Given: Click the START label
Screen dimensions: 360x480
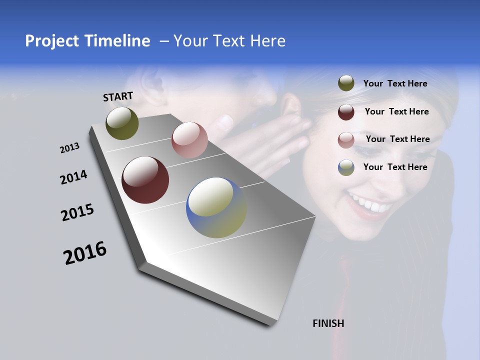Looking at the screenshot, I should (x=118, y=96).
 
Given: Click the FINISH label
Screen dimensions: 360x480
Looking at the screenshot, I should (x=328, y=323).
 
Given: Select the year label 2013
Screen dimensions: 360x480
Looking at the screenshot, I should (x=69, y=148).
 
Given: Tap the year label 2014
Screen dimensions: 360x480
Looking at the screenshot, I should (x=73, y=177).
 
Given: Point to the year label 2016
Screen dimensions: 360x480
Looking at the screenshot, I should (x=85, y=253).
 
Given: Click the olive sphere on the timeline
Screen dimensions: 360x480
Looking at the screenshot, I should (x=122, y=123).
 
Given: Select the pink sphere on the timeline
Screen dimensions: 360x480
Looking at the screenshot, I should (x=189, y=139).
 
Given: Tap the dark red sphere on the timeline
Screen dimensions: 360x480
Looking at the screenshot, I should (x=145, y=180).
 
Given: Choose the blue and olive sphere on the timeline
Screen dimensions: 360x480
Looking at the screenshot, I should (x=216, y=207).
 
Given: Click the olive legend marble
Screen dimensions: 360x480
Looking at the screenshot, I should (x=346, y=83).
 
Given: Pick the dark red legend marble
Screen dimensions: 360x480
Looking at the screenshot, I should (x=346, y=112).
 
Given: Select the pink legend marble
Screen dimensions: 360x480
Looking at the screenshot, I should (x=346, y=140).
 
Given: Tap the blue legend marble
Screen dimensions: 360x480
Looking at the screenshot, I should (x=346, y=167).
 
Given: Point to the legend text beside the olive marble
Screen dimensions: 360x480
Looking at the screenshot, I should (x=395, y=83).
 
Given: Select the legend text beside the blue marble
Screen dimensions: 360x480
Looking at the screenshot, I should (x=395, y=167).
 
